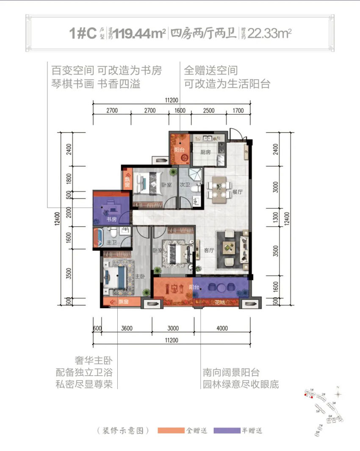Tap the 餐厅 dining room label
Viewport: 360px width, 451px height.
point(237,191)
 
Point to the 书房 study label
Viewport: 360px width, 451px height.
point(112,219)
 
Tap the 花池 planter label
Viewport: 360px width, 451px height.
point(219,302)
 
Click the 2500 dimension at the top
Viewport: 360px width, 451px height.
point(209,111)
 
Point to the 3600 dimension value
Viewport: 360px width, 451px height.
point(127,328)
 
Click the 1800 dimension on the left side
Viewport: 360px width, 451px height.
point(69,178)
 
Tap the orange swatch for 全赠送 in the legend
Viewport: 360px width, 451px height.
point(171,431)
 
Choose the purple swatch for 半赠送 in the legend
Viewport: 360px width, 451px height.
point(227,431)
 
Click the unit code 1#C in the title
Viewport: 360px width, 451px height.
point(83,33)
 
